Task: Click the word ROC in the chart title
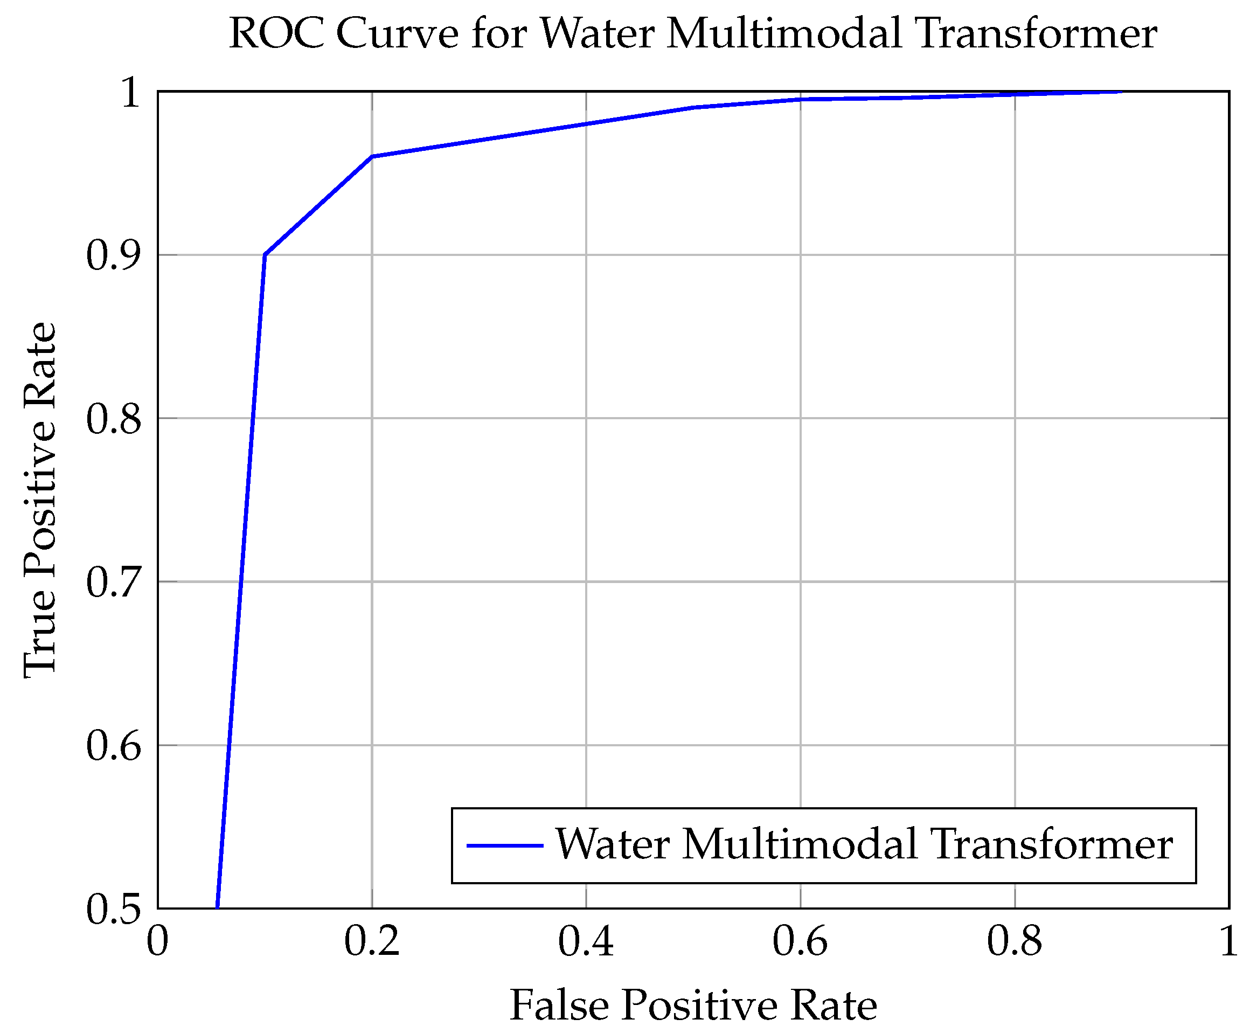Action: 276,33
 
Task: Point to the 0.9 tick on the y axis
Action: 114,256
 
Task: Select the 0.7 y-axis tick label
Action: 114,583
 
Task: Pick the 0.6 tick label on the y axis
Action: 114,746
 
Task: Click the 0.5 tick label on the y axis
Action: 114,909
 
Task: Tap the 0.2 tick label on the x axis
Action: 372,942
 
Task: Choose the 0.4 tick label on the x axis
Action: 586,942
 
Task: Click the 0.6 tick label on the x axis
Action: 800,942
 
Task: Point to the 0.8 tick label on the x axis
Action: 1014,942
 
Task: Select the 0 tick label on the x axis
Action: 158,942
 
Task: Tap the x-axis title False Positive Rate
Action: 692,1006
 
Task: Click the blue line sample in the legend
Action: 504,845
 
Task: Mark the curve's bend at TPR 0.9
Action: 265,255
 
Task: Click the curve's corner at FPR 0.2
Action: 372,156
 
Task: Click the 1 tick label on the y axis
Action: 130,93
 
